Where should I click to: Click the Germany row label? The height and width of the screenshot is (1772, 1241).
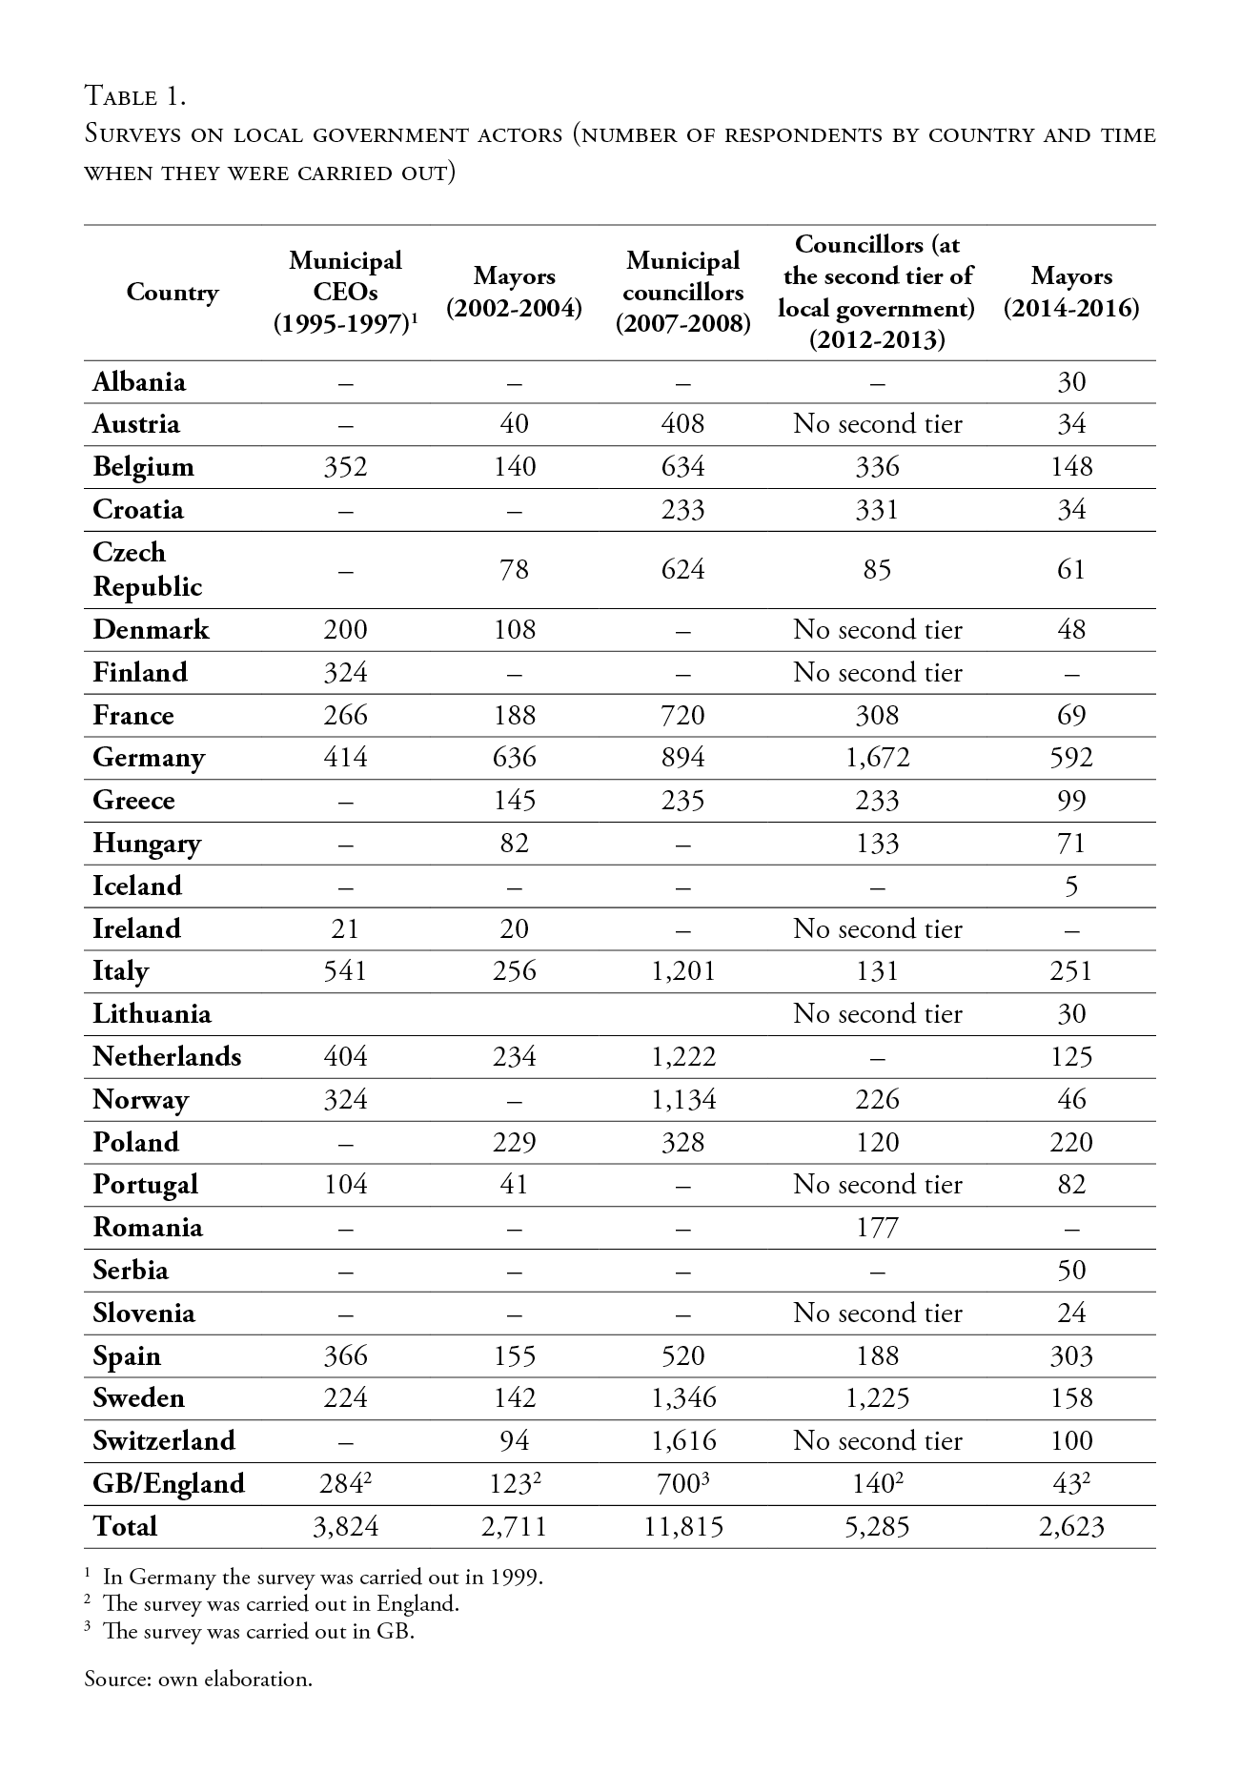coord(149,758)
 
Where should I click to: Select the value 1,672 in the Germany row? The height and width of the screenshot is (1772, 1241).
coord(877,758)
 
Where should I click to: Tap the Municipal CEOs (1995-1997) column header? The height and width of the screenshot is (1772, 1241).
coord(345,293)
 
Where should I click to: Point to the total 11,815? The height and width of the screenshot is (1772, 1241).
coord(682,1527)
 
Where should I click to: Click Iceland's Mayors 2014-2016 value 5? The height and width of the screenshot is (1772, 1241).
coord(1071,886)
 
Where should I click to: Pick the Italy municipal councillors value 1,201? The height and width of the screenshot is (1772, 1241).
coord(682,971)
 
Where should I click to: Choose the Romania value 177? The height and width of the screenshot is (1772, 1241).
coord(877,1228)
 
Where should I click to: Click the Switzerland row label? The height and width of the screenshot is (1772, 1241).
coord(164,1440)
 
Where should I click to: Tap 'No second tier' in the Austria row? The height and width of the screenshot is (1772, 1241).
coord(877,424)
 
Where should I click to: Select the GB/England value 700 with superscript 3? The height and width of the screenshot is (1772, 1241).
coord(682,1483)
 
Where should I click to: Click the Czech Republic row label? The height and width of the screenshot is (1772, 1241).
coord(148,569)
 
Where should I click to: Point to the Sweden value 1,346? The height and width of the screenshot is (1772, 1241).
coord(682,1398)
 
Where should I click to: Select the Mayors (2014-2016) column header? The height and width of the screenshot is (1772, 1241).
coord(1071,293)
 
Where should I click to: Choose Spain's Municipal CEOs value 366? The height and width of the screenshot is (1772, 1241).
coord(345,1356)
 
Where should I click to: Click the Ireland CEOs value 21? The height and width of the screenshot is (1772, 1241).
coord(345,929)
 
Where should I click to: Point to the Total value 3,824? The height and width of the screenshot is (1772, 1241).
coord(345,1527)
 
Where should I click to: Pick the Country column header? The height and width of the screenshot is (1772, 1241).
coord(173,293)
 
